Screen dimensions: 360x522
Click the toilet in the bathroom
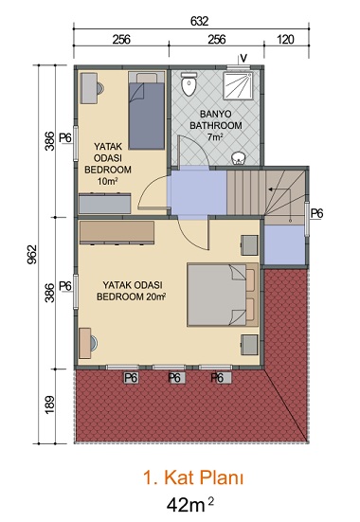189,84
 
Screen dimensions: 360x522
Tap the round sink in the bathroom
238,158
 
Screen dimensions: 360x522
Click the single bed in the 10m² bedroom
147,111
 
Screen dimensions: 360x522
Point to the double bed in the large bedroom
223,295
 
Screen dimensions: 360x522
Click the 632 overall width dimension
200,21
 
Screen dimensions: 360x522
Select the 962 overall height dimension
31,255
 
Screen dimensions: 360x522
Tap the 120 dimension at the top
285,40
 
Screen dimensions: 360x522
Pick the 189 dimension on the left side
49,405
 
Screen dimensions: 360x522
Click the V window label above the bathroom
243,59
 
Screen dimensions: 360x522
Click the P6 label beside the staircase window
316,213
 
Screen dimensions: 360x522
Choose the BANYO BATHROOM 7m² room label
215,125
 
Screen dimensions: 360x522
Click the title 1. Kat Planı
193,477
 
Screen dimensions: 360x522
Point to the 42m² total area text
189,504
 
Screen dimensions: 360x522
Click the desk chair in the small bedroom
99,88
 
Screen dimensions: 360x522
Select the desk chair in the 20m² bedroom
94,344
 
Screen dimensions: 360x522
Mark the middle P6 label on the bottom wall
174,378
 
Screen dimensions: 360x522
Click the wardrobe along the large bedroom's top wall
117,232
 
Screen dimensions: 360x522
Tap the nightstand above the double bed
249,245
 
